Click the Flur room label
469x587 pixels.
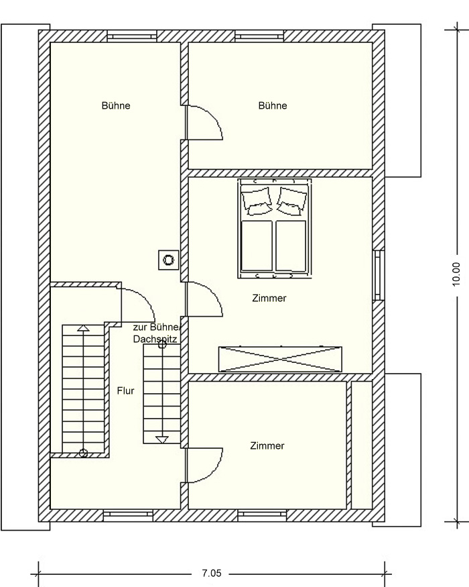pos(125,391)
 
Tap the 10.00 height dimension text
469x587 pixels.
pos(456,274)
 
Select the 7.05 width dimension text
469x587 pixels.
pos(212,573)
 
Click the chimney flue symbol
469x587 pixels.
pos(168,260)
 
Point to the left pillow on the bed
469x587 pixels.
pos(257,201)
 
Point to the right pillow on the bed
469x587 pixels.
pos(292,201)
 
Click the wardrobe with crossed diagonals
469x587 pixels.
pos(280,359)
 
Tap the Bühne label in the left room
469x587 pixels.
pos(116,105)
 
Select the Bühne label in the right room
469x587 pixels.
pos(273,105)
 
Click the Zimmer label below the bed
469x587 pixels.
pos(269,299)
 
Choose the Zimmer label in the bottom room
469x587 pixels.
pos(267,446)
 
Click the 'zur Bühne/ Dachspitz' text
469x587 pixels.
pos(157,333)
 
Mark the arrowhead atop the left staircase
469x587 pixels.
pos(83,328)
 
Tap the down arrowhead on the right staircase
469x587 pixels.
pos(162,439)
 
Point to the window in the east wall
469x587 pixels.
pos(378,275)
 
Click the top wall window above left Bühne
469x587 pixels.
pos(131,37)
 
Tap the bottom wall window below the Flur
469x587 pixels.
pos(128,515)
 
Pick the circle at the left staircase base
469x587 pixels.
pos(83,453)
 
